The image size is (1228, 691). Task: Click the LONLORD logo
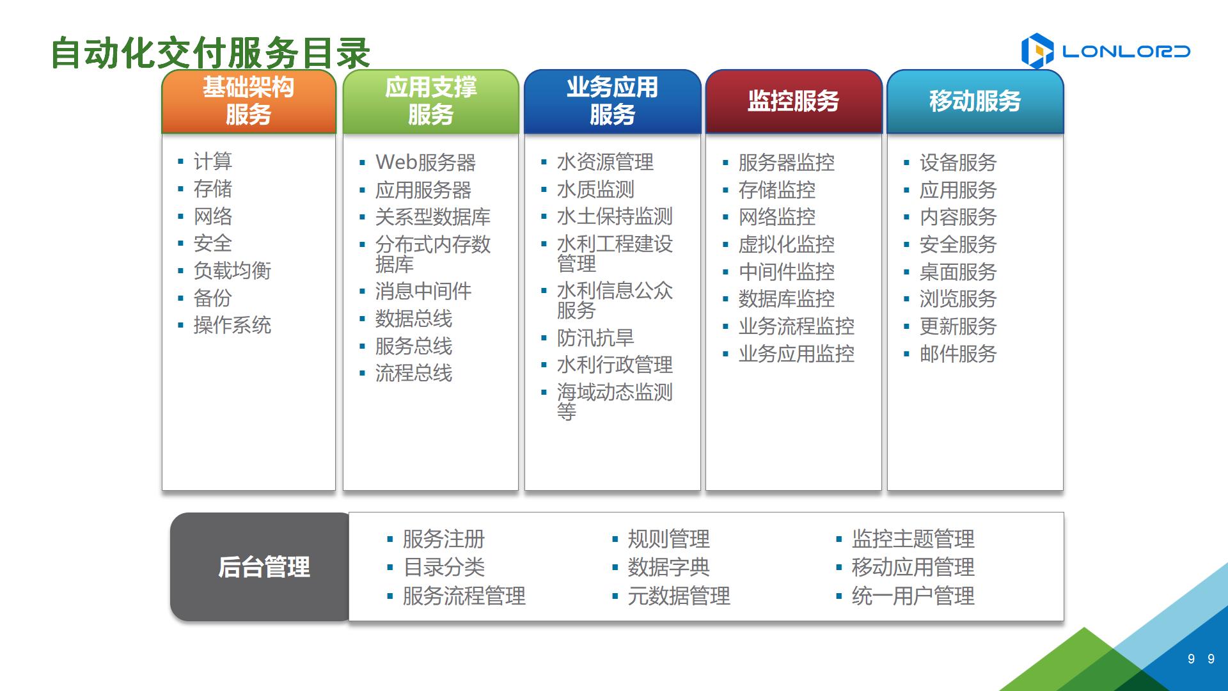click(1105, 51)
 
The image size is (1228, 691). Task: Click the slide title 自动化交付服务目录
click(210, 52)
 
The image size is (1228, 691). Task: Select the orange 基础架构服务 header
click(249, 102)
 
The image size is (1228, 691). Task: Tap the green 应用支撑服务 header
click(430, 102)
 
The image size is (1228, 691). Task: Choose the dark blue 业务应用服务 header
click(612, 102)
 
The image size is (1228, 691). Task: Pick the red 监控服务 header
click(793, 102)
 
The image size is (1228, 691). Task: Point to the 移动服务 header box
click(975, 102)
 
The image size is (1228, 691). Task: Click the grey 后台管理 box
click(262, 567)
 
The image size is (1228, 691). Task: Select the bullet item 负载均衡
click(233, 271)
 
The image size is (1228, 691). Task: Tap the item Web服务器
click(426, 163)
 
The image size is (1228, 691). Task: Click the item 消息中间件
click(423, 292)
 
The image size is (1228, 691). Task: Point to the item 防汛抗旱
click(595, 338)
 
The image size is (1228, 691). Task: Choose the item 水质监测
click(595, 189)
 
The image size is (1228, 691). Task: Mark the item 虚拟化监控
click(787, 244)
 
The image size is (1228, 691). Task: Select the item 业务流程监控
click(796, 326)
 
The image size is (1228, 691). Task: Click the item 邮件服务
click(958, 354)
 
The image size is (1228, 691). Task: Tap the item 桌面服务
click(958, 272)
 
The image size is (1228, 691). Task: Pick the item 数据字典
click(668, 567)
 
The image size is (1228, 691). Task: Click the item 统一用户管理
click(913, 596)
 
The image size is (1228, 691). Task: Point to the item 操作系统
click(233, 325)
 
